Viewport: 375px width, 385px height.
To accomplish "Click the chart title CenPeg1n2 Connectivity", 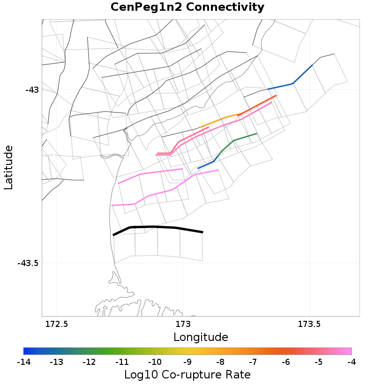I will tap(187, 7).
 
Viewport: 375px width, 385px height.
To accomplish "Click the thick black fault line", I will tap(155, 227).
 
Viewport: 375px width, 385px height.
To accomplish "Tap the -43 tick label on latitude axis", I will tap(32, 89).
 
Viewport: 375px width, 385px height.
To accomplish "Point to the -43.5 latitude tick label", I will tap(28, 263).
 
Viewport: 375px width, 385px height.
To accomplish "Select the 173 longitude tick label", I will tap(182, 324).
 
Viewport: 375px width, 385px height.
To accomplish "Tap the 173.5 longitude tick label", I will tap(309, 324).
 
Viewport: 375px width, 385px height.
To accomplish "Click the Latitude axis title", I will tap(8, 167).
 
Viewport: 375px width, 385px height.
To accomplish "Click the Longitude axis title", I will tap(201, 337).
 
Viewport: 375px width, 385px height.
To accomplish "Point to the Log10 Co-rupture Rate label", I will tap(187, 375).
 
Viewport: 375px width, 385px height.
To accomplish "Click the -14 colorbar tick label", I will tap(23, 362).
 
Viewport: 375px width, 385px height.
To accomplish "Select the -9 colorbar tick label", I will tap(187, 362).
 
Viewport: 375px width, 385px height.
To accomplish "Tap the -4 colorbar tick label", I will tap(351, 362).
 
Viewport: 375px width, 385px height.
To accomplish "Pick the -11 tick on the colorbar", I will tap(122, 362).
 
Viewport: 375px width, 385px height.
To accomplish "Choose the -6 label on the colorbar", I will tap(285, 362).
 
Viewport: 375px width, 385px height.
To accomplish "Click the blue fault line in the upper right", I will tap(293, 83).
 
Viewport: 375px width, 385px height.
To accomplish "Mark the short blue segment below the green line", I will tap(206, 164).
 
